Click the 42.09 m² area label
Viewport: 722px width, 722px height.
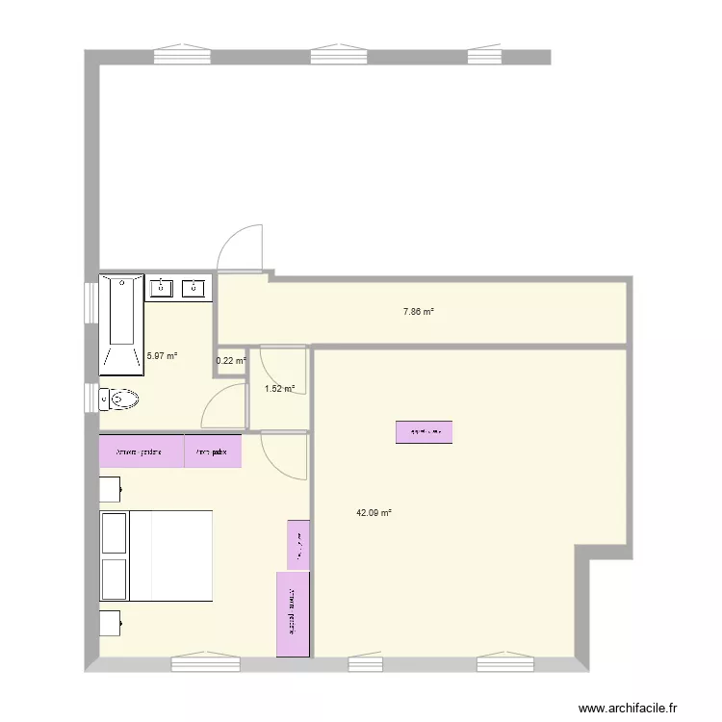coord(374,513)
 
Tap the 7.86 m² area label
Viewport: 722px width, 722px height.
coord(418,312)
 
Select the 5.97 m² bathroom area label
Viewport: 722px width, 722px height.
coord(162,356)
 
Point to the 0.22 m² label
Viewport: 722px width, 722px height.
coord(230,361)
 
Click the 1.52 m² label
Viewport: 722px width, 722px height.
coord(279,389)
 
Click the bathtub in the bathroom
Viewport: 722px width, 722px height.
coord(121,324)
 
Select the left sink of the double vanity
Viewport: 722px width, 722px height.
coord(161,287)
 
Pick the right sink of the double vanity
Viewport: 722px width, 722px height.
coord(195,287)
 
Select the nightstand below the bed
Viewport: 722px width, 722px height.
coord(110,624)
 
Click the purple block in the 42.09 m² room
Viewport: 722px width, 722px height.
coord(424,432)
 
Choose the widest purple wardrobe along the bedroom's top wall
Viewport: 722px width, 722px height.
coord(142,451)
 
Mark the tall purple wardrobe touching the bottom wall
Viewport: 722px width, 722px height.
coord(293,615)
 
